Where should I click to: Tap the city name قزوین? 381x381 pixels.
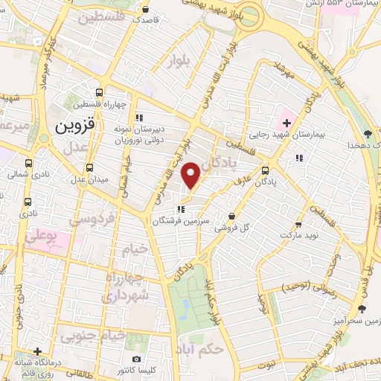coord(75,127)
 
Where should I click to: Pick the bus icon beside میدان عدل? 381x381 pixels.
coord(90,167)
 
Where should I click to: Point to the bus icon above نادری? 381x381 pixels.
coord(28,202)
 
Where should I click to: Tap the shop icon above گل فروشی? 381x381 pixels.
coord(232,215)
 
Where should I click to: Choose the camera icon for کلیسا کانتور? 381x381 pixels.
coord(135,359)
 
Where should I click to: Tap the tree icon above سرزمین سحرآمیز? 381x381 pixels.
coord(362,309)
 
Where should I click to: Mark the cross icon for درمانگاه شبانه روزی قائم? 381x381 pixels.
coord(37,351)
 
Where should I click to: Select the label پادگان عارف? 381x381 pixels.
coord(272,181)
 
